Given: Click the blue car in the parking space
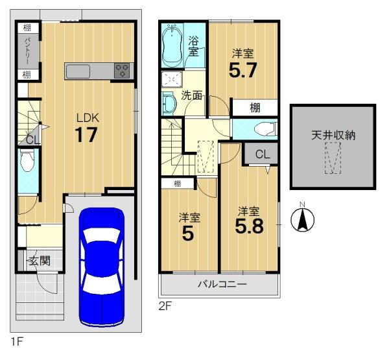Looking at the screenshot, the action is [102, 267].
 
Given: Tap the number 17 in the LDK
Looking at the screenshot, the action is [86, 135].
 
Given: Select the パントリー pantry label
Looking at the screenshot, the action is [29, 51].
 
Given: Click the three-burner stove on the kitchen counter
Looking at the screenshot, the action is [122, 70].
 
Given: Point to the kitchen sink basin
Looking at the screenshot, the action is [78, 71].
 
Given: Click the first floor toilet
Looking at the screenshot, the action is [27, 160].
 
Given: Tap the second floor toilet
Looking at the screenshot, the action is [265, 129].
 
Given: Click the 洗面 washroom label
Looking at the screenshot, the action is [191, 95].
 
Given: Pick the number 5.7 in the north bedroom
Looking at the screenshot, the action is [242, 70].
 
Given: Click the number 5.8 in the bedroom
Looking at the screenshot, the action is [250, 226].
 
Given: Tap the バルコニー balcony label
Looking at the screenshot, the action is [222, 283].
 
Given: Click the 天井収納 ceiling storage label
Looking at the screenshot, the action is [333, 136].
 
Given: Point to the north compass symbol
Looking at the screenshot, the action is [302, 218].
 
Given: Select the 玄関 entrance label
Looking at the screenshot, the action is [40, 261].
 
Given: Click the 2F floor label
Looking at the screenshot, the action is [165, 306].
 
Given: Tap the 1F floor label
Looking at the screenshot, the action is [16, 342].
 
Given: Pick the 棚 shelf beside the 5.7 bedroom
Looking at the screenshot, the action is [255, 108].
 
